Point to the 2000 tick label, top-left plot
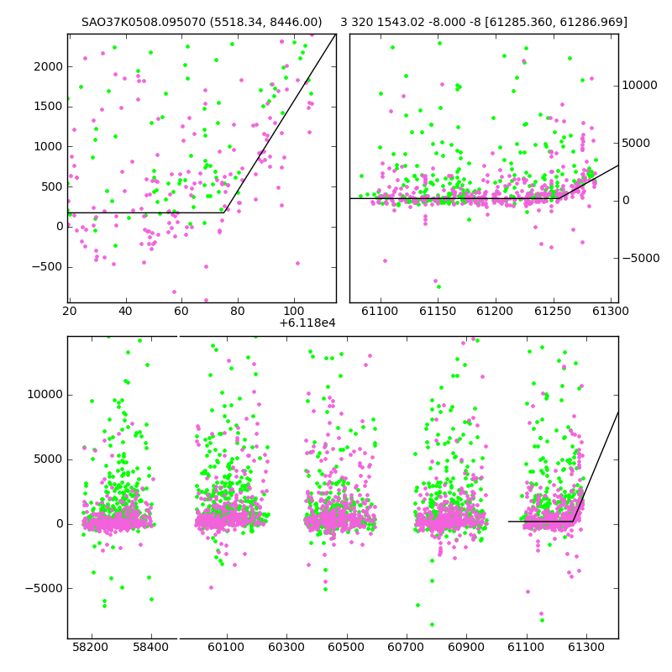(x=49, y=67)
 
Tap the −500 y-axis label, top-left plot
(x=47, y=267)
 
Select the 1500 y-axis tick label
(x=49, y=107)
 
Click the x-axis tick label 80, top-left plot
(x=238, y=311)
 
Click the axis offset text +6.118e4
(x=307, y=323)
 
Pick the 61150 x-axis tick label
(x=438, y=311)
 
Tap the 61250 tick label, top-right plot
(x=553, y=311)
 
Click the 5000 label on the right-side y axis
(x=636, y=143)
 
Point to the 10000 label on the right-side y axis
(x=639, y=86)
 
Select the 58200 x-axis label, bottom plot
(x=91, y=647)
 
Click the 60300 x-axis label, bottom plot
(x=286, y=647)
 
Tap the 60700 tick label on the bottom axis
(x=406, y=647)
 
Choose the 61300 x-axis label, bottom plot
(x=585, y=647)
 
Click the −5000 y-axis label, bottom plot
(x=44, y=589)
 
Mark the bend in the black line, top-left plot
(x=223, y=213)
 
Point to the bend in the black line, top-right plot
(x=559, y=198)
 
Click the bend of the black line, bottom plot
(x=574, y=521)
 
